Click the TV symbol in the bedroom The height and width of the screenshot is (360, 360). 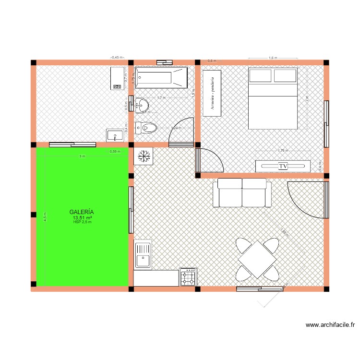click(x=283, y=166)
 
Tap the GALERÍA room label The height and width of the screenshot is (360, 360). click(x=82, y=211)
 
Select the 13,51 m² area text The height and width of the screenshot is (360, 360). click(x=82, y=217)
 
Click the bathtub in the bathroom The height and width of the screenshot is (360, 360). click(x=161, y=77)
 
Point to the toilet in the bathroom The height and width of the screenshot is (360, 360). click(x=146, y=128)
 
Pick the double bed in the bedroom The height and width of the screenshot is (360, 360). click(x=273, y=98)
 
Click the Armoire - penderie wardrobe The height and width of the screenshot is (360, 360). click(x=212, y=93)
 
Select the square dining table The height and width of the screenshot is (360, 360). click(x=257, y=259)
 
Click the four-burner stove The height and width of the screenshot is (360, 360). click(x=188, y=276)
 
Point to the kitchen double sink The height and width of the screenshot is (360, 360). click(x=143, y=255)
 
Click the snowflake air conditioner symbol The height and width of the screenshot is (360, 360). click(x=144, y=156)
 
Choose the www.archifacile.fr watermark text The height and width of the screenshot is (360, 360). click(x=330, y=325)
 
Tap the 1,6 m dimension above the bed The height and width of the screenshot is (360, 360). click(x=273, y=58)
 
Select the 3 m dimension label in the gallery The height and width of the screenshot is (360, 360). click(x=82, y=156)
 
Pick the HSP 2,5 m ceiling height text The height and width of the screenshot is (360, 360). click(x=82, y=222)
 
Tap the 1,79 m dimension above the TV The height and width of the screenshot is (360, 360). click(x=283, y=151)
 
